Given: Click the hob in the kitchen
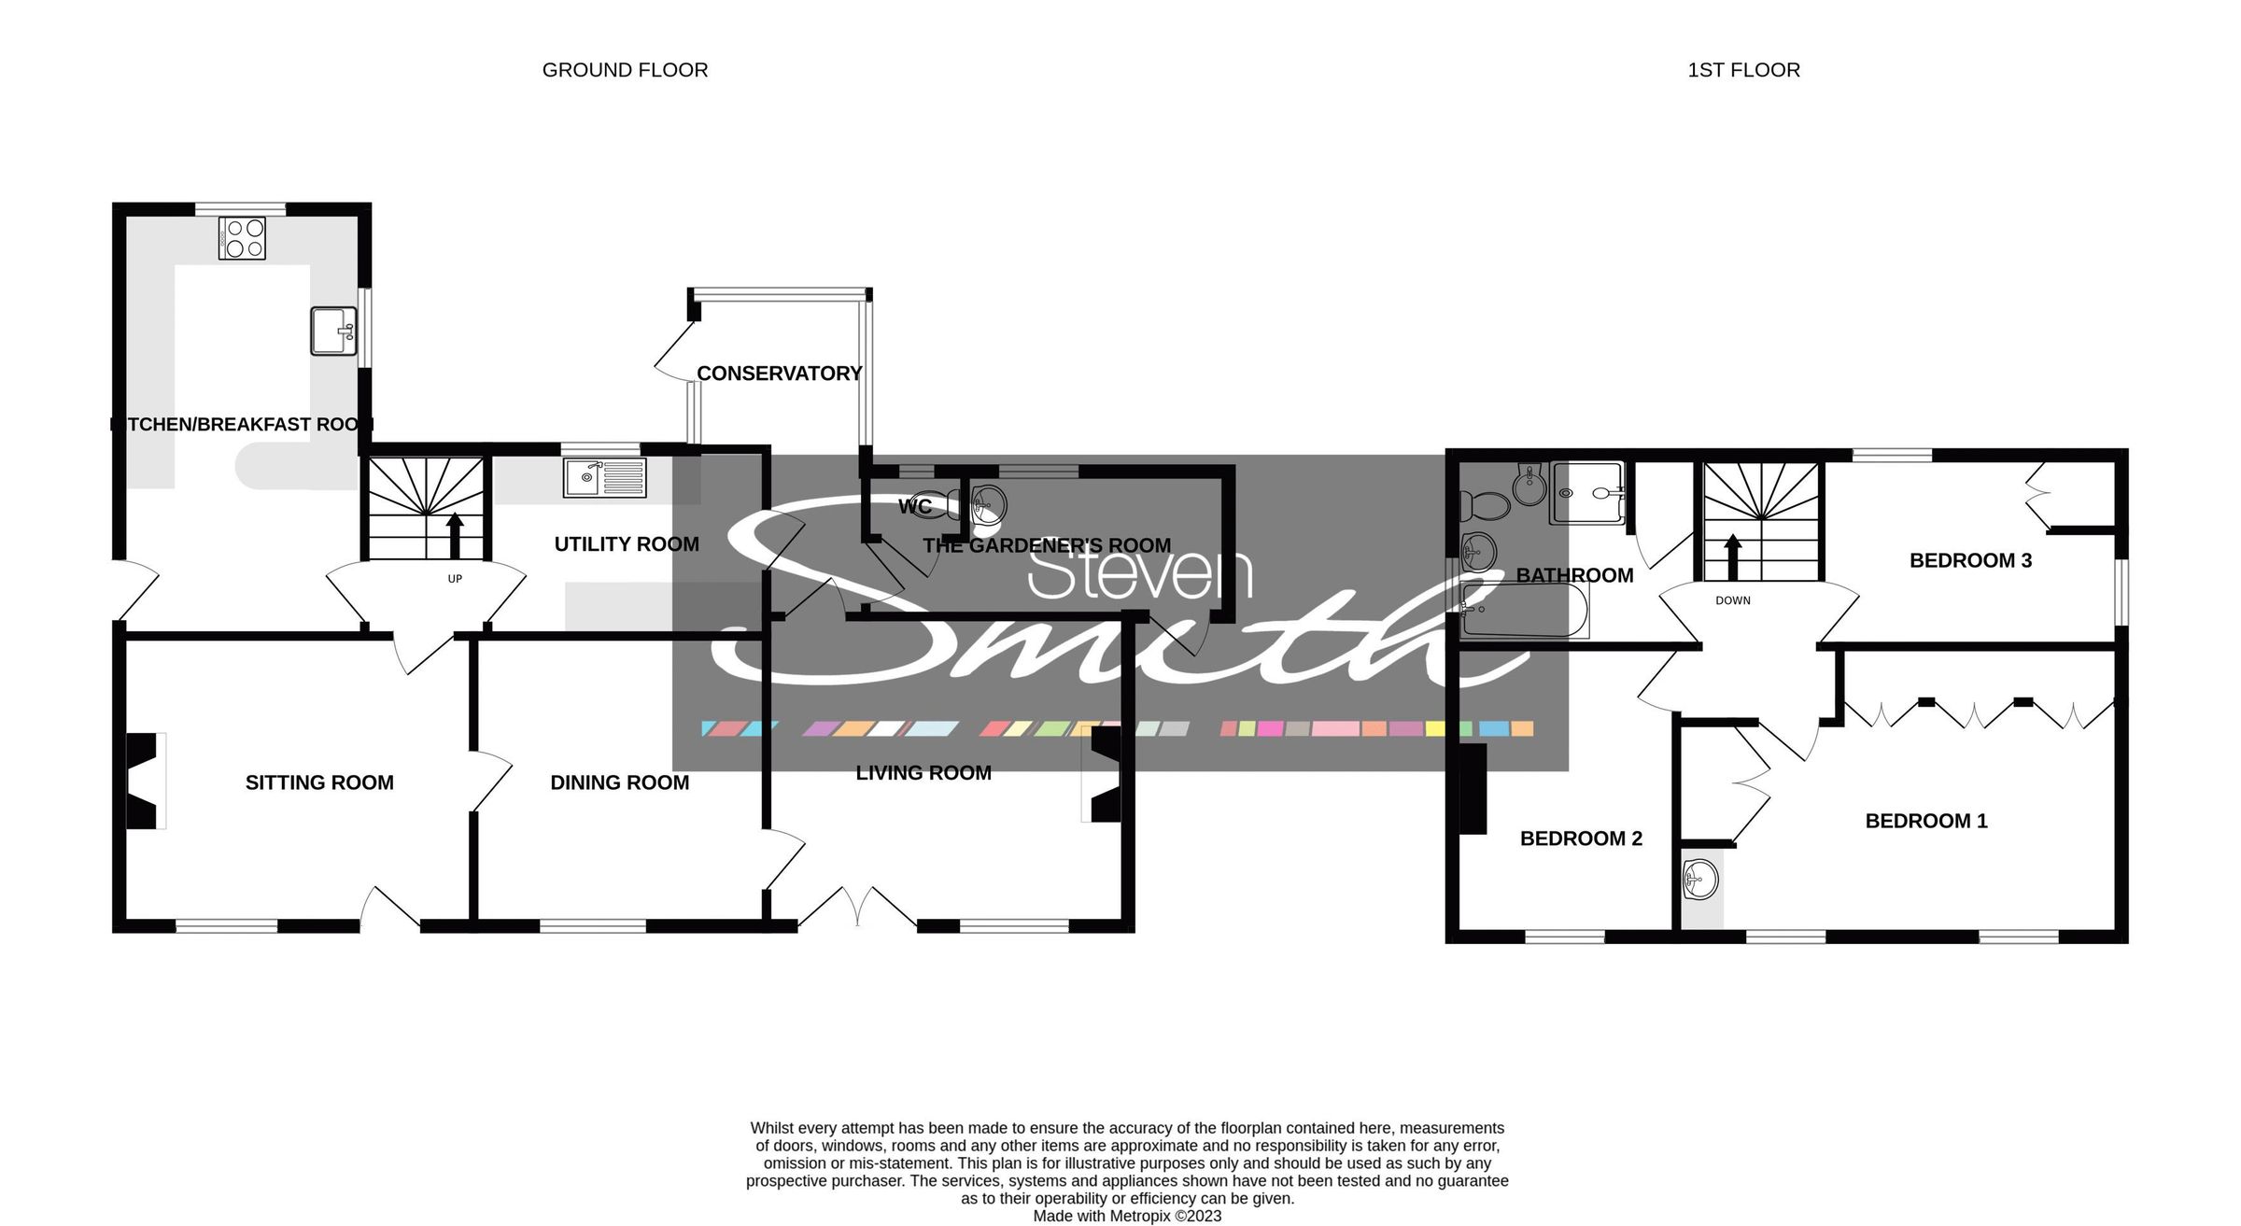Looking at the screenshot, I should (242, 237).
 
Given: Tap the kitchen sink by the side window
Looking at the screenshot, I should (333, 331).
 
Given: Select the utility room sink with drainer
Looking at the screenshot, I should (604, 477).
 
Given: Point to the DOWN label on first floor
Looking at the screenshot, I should (1732, 600).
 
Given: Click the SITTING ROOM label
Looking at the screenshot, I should (319, 782).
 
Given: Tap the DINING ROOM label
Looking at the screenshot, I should (619, 782).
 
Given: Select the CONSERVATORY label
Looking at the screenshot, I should (779, 373).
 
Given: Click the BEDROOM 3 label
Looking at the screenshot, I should (1970, 560).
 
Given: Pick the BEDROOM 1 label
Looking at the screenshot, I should (1925, 821).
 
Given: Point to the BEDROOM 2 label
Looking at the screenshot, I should (1581, 838).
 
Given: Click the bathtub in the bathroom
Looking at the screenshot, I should (1524, 611).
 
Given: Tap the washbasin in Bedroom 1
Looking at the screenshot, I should (1700, 879).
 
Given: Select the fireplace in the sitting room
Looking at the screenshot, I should (143, 781).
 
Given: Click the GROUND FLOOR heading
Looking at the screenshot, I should (625, 70).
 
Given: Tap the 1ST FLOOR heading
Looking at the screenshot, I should (1743, 70).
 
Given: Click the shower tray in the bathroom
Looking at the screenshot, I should (1586, 492).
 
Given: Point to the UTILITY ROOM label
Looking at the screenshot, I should (626, 544).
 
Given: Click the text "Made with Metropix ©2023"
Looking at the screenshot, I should (1127, 1216).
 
